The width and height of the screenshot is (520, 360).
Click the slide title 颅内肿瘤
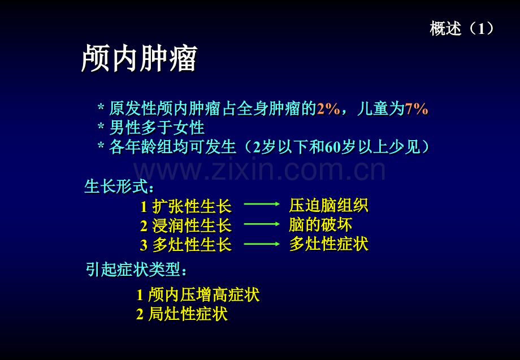139,58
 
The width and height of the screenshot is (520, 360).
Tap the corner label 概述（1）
462,28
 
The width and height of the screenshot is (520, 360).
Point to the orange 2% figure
328,109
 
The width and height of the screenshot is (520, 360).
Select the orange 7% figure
416,109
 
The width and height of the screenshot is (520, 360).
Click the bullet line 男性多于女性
157,128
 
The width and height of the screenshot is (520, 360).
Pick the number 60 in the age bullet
332,147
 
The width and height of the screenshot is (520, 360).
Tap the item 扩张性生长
192,206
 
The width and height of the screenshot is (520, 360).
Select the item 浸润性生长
192,225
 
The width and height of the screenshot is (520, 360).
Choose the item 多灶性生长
192,245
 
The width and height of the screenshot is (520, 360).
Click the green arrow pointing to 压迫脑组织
262,204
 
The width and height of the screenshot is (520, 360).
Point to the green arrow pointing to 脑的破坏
262,224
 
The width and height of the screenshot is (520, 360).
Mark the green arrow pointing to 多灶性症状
262,244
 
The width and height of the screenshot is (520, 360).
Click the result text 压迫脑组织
328,205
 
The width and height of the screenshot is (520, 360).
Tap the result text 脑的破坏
320,225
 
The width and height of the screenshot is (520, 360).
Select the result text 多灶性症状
328,244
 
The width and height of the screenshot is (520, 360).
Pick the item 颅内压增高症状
203,294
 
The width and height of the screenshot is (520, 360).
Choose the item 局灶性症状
188,314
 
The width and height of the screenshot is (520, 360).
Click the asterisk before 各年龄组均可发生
101,145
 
